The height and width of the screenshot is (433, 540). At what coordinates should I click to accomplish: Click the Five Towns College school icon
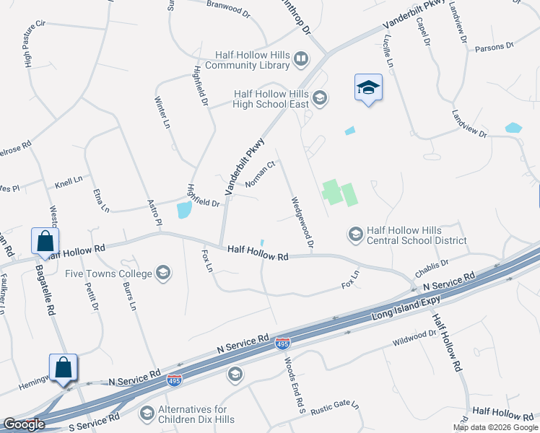(x=164, y=274)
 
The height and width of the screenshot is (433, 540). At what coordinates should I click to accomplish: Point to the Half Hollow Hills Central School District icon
(x=355, y=235)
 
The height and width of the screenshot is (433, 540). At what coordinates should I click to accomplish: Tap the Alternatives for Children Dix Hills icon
(x=147, y=414)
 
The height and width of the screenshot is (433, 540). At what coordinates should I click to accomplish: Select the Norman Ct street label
(x=261, y=173)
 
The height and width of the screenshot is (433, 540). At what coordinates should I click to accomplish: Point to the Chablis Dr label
(x=431, y=268)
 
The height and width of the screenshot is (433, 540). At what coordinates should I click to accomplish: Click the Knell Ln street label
(x=69, y=180)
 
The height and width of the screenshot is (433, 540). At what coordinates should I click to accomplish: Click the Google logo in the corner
(x=24, y=425)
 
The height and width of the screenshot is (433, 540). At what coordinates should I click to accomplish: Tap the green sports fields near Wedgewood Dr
(x=339, y=193)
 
